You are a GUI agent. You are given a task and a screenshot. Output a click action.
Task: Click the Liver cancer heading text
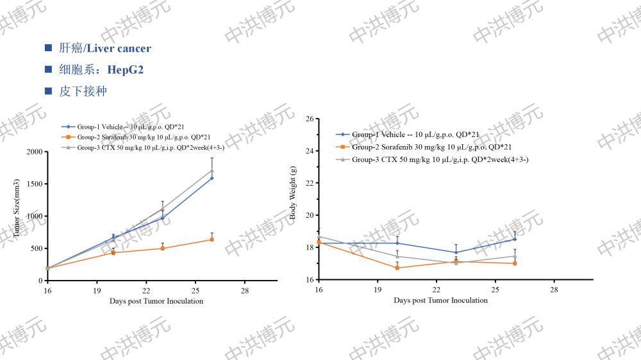119,48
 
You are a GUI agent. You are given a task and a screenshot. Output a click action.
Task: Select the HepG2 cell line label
126,69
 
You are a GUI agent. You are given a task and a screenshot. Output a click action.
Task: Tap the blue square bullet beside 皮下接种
48,91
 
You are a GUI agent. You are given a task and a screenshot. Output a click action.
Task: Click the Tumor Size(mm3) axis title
17,208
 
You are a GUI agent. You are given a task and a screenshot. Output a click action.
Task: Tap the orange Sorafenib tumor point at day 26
212,240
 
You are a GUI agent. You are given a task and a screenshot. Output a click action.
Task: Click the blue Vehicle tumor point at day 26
212,178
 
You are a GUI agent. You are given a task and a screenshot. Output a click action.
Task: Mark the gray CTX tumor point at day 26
212,170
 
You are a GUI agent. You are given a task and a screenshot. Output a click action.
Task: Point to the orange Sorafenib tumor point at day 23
163,249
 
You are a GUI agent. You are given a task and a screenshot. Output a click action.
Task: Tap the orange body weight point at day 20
397,268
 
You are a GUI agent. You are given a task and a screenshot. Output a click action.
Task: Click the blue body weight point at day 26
515,239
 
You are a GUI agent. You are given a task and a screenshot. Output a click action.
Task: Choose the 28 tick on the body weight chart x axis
554,290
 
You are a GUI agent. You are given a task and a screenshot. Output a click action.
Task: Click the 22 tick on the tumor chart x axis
146,290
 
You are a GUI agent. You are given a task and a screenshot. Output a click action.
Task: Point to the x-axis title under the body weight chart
440,300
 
